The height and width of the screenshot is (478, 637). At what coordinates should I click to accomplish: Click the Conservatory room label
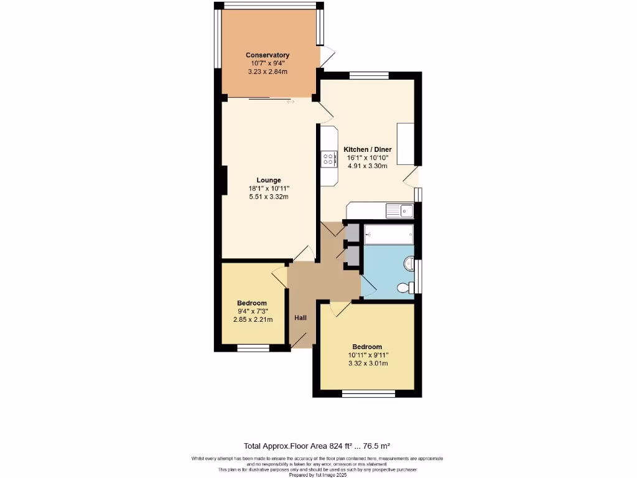point(267,55)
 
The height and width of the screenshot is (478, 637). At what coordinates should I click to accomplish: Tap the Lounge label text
point(269,180)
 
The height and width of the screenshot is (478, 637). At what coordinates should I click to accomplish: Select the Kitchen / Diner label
point(367,150)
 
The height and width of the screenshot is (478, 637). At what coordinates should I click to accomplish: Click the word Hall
point(300,318)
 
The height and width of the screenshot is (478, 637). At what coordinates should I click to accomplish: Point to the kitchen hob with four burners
point(328,159)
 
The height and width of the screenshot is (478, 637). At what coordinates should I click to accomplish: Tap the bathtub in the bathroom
point(389,235)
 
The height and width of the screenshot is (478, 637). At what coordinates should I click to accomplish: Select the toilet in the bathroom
point(404,288)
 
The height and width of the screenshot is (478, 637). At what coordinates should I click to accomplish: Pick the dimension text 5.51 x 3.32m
point(269,197)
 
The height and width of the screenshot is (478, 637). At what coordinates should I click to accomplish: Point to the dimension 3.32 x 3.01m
point(367,363)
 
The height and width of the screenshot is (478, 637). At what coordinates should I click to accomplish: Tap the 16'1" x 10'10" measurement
point(367,158)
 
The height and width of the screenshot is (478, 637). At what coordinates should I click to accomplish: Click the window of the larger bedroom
point(368,393)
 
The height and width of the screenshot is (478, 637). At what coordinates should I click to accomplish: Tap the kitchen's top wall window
point(369,75)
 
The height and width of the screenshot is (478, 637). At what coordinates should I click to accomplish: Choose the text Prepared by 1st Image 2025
point(318,474)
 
